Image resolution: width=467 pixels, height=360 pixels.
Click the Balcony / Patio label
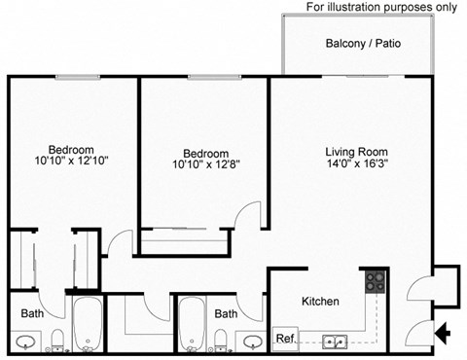pyautogui.click(x=363, y=44)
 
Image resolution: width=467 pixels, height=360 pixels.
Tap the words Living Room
pyautogui.click(x=356, y=152)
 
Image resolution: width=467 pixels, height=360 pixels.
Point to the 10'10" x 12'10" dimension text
pyautogui.click(x=56, y=160)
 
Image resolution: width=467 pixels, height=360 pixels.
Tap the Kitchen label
pyautogui.click(x=320, y=302)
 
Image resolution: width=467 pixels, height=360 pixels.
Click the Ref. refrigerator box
pyautogui.click(x=285, y=339)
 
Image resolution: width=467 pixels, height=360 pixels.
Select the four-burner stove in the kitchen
pyautogui.click(x=375, y=282)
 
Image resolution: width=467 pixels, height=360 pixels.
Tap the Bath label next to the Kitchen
pyautogui.click(x=226, y=314)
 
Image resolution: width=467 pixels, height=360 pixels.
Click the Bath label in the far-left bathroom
pyautogui.click(x=31, y=313)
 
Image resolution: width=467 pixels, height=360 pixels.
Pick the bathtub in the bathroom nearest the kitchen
pyautogui.click(x=189, y=324)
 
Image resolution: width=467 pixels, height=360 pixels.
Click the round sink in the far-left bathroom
pyautogui.click(x=26, y=342)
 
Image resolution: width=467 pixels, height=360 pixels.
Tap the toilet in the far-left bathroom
pyautogui.click(x=56, y=340)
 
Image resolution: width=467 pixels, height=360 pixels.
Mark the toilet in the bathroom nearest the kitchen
pyautogui.click(x=221, y=340)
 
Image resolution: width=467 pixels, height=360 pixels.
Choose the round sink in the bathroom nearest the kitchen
pyautogui.click(x=253, y=342)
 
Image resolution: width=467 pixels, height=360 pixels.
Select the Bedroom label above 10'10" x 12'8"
pyautogui.click(x=206, y=154)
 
